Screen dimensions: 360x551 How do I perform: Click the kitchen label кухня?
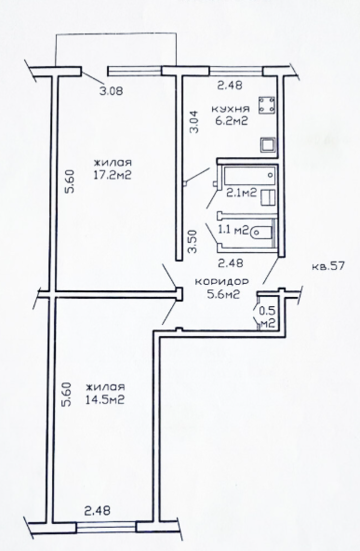tap(231, 109)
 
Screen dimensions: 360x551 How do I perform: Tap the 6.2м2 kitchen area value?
tap(232, 121)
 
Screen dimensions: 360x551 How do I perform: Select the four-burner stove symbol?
tap(267, 105)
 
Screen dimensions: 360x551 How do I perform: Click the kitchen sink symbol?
tap(268, 145)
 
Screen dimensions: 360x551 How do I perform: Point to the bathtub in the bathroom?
tap(249, 176)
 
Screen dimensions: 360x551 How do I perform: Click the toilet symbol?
tap(261, 231)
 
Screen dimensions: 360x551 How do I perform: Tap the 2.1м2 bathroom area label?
tap(241, 193)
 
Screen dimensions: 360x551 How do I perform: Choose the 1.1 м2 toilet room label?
tap(234, 230)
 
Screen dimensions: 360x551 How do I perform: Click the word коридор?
tap(222, 282)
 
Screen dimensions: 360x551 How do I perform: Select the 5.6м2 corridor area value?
tap(223, 294)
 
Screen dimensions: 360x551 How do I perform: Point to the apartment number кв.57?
tap(327, 266)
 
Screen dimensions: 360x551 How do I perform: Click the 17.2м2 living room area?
tap(112, 175)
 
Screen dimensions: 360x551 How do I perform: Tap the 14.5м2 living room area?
tap(105, 400)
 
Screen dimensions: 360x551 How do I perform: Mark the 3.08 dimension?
tap(111, 92)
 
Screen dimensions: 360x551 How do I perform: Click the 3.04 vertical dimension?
tap(194, 122)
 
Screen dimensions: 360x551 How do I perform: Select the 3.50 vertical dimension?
tap(192, 241)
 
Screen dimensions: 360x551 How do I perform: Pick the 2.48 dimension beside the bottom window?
tap(97, 510)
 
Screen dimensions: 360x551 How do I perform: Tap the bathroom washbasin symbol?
tap(269, 197)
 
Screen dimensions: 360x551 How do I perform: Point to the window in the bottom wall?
tap(106, 527)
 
